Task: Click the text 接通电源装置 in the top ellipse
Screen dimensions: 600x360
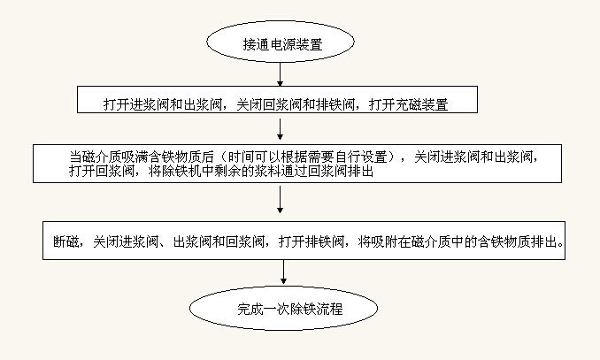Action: tap(283, 44)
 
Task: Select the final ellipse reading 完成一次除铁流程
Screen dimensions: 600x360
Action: tap(283, 308)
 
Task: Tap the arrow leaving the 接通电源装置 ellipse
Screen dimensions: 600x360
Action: tap(281, 74)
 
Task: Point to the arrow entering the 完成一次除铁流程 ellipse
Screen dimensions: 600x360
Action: tap(283, 272)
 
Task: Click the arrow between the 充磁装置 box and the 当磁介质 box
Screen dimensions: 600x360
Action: tap(281, 129)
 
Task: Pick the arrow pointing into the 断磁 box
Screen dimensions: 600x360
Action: tap(281, 199)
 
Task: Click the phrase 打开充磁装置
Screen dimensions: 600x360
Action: tap(408, 104)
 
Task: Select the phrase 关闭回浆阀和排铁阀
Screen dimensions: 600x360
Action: tap(296, 104)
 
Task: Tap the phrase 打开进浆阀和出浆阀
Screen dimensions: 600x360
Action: tap(163, 104)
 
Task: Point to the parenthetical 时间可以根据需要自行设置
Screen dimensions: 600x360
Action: tap(308, 157)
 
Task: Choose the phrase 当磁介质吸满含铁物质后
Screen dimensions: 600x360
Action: tap(142, 157)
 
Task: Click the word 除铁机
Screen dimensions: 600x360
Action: tap(181, 171)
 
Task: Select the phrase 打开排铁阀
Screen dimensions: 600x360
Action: tap(312, 241)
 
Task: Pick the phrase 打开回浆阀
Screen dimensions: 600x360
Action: tap(102, 171)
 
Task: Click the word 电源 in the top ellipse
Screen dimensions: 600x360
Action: tap(283, 44)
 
